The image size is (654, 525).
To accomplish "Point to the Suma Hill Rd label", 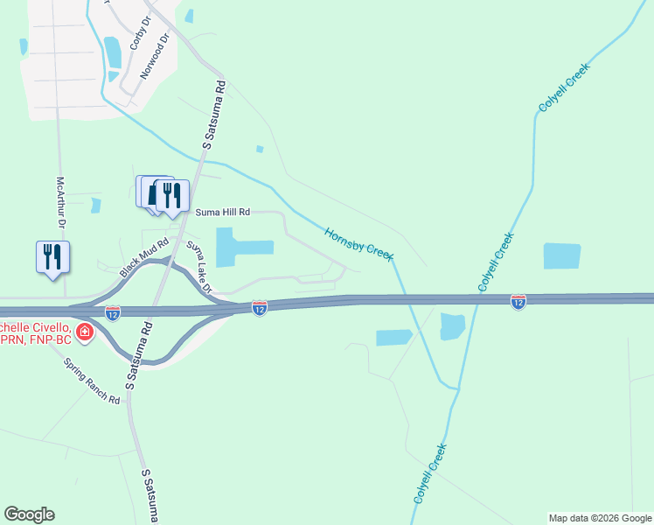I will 223,212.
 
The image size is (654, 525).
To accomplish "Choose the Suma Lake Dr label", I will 199,267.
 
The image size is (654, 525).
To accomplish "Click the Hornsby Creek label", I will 358,243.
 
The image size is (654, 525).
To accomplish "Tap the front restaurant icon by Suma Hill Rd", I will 172,195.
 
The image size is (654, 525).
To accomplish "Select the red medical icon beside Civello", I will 85,332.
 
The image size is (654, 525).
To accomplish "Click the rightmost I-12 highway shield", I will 518,301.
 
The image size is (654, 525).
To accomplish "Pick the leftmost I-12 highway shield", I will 113,312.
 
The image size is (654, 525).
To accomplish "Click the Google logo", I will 29,514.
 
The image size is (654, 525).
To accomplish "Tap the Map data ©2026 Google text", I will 600,518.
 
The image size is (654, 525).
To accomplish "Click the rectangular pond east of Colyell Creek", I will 561,255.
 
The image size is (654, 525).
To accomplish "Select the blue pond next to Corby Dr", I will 113,52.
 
